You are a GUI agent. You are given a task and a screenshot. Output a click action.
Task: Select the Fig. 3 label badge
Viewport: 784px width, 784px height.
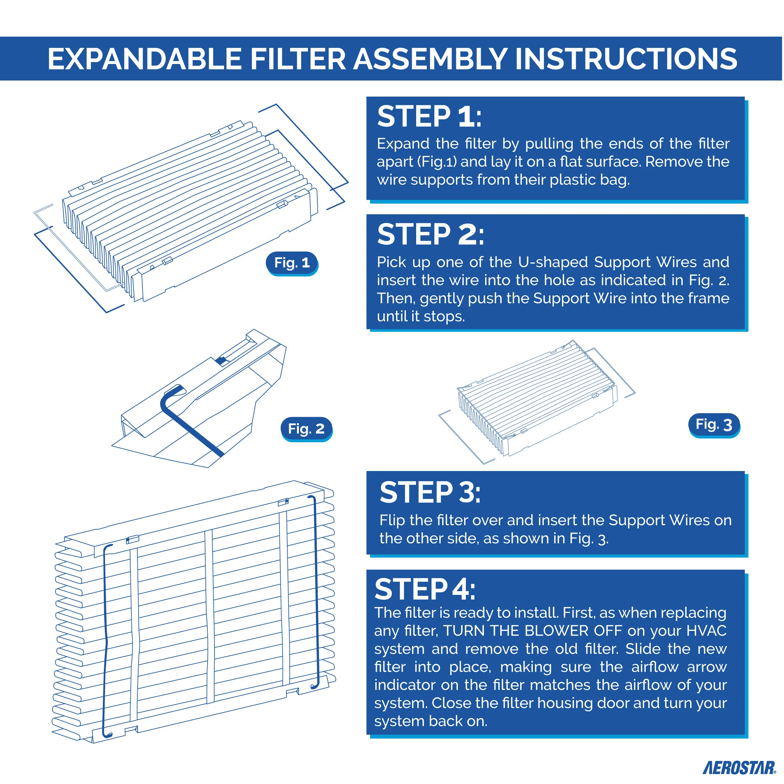point(714,425)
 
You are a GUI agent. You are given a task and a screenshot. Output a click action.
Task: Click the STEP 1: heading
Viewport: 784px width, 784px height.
point(429,117)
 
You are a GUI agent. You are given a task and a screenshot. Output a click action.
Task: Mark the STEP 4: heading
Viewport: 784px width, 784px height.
point(425,589)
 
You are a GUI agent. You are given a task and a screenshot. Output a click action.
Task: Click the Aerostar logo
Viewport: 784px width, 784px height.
point(739,768)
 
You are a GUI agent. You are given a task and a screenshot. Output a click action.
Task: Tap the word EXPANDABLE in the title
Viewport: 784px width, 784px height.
point(145,59)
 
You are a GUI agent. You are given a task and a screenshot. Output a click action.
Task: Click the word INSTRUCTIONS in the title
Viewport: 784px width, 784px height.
point(626,59)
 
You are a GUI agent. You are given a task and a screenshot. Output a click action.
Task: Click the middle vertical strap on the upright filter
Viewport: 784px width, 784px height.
point(209,617)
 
